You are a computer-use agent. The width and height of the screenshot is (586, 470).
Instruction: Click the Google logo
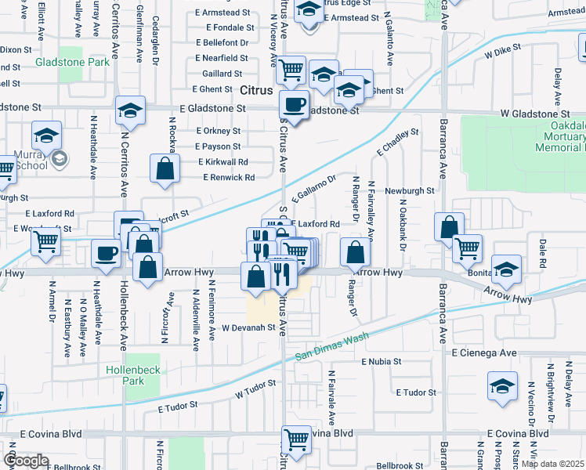(26, 461)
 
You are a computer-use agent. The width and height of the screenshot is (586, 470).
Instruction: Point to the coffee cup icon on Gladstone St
(295, 104)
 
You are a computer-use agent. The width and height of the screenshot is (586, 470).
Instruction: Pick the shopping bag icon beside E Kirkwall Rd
(165, 168)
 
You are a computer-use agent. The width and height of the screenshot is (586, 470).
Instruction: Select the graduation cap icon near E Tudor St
(502, 386)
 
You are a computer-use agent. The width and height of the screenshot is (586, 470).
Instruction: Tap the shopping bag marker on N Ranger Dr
(356, 251)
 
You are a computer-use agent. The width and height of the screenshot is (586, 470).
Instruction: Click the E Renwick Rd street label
(229, 178)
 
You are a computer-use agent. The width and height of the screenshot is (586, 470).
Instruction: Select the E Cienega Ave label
(483, 353)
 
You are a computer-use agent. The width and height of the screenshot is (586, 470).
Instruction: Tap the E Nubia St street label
(381, 362)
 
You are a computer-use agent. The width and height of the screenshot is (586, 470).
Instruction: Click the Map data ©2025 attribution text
(552, 464)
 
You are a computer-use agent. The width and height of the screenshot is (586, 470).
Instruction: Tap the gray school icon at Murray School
(60, 160)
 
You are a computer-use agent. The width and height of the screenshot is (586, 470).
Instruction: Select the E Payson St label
(219, 146)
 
